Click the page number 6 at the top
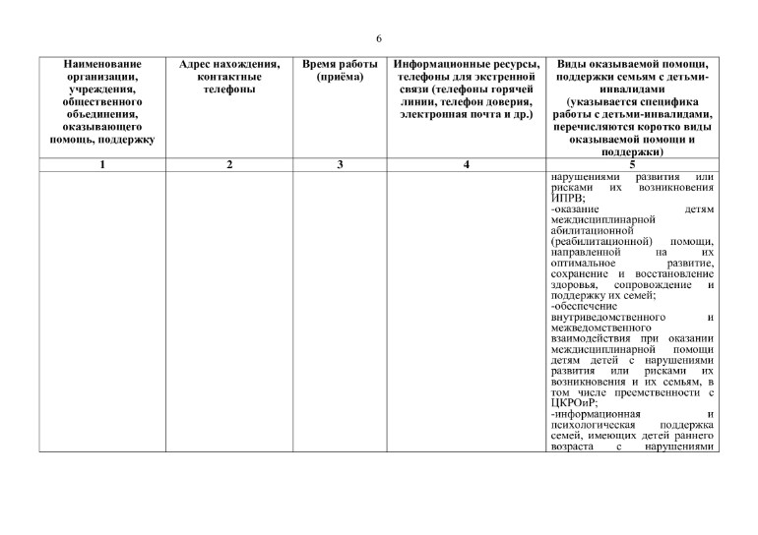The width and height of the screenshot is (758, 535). tap(379, 38)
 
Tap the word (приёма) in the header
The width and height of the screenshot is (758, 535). tap(340, 77)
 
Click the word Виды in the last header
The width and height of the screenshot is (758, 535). tap(576, 64)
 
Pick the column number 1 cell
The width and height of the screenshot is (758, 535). tap(102, 164)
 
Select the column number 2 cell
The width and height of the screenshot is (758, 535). tap(229, 164)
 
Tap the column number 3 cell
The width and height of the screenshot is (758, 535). tap(340, 164)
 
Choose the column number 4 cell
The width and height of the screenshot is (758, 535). tap(466, 164)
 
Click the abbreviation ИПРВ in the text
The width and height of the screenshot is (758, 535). tap(567, 197)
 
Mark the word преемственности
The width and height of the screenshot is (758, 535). tap(652, 390)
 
